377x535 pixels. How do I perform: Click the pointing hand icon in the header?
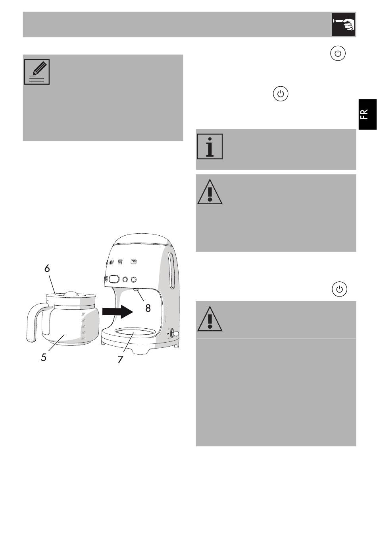point(343,24)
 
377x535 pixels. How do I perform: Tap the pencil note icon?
point(37,72)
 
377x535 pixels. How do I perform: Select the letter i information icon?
point(210,146)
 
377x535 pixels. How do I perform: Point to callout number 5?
point(44,357)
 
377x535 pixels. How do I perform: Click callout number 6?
point(47,268)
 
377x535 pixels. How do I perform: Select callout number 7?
point(120,359)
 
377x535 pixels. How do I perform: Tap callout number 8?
point(148,308)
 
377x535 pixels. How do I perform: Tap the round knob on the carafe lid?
point(71,294)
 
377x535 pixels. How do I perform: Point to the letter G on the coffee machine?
point(134,262)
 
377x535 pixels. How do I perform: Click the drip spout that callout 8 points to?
point(136,290)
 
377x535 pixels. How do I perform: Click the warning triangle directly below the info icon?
point(210,192)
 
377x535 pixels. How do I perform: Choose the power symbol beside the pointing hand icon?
point(338,54)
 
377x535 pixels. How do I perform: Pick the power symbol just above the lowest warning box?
point(339,289)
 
